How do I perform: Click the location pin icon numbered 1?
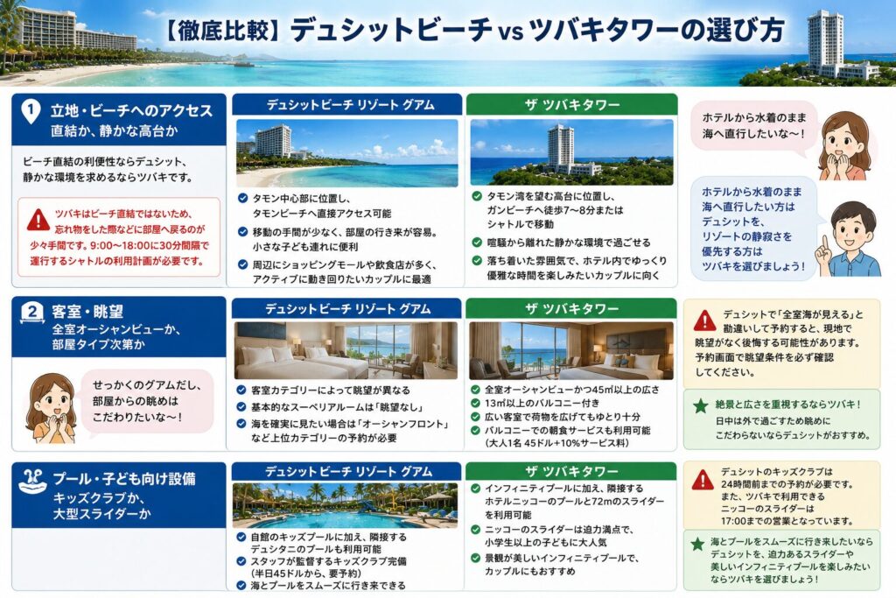[31, 111]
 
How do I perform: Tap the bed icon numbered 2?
[32, 313]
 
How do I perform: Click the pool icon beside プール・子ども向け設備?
[32, 482]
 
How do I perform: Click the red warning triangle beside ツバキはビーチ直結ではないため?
[38, 220]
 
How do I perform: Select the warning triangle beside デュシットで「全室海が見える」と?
[704, 320]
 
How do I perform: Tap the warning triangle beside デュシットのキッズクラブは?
[703, 480]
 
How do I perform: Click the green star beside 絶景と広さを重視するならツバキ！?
[700, 406]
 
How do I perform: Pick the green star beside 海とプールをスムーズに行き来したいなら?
[697, 544]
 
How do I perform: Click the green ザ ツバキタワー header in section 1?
[571, 104]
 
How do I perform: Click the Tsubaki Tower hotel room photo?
[571, 350]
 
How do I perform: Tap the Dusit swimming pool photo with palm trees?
[345, 505]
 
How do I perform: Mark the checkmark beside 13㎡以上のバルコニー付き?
[475, 403]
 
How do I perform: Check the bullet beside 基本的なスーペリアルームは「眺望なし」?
[241, 407]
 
